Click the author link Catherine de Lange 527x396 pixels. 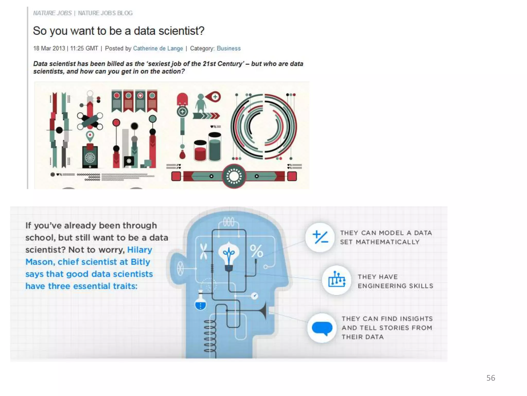coord(158,48)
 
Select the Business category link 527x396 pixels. coord(229,48)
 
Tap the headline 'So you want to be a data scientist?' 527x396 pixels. coord(119,31)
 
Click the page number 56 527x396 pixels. coord(491,378)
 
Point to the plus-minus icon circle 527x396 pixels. coord(320,237)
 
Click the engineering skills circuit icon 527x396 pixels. coord(337,280)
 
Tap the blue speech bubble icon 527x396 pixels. coord(322,328)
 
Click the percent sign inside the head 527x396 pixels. coord(256,251)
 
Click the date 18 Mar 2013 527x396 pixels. coord(49,48)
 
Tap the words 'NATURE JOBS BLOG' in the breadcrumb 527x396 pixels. coord(105,13)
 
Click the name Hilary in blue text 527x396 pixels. coord(140,250)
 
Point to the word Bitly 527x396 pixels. coord(140,262)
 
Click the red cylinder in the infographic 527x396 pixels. coord(200,151)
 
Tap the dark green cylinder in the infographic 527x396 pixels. coord(215,146)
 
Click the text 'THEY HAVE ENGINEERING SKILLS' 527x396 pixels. coord(396,281)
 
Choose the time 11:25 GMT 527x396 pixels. coord(84,48)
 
